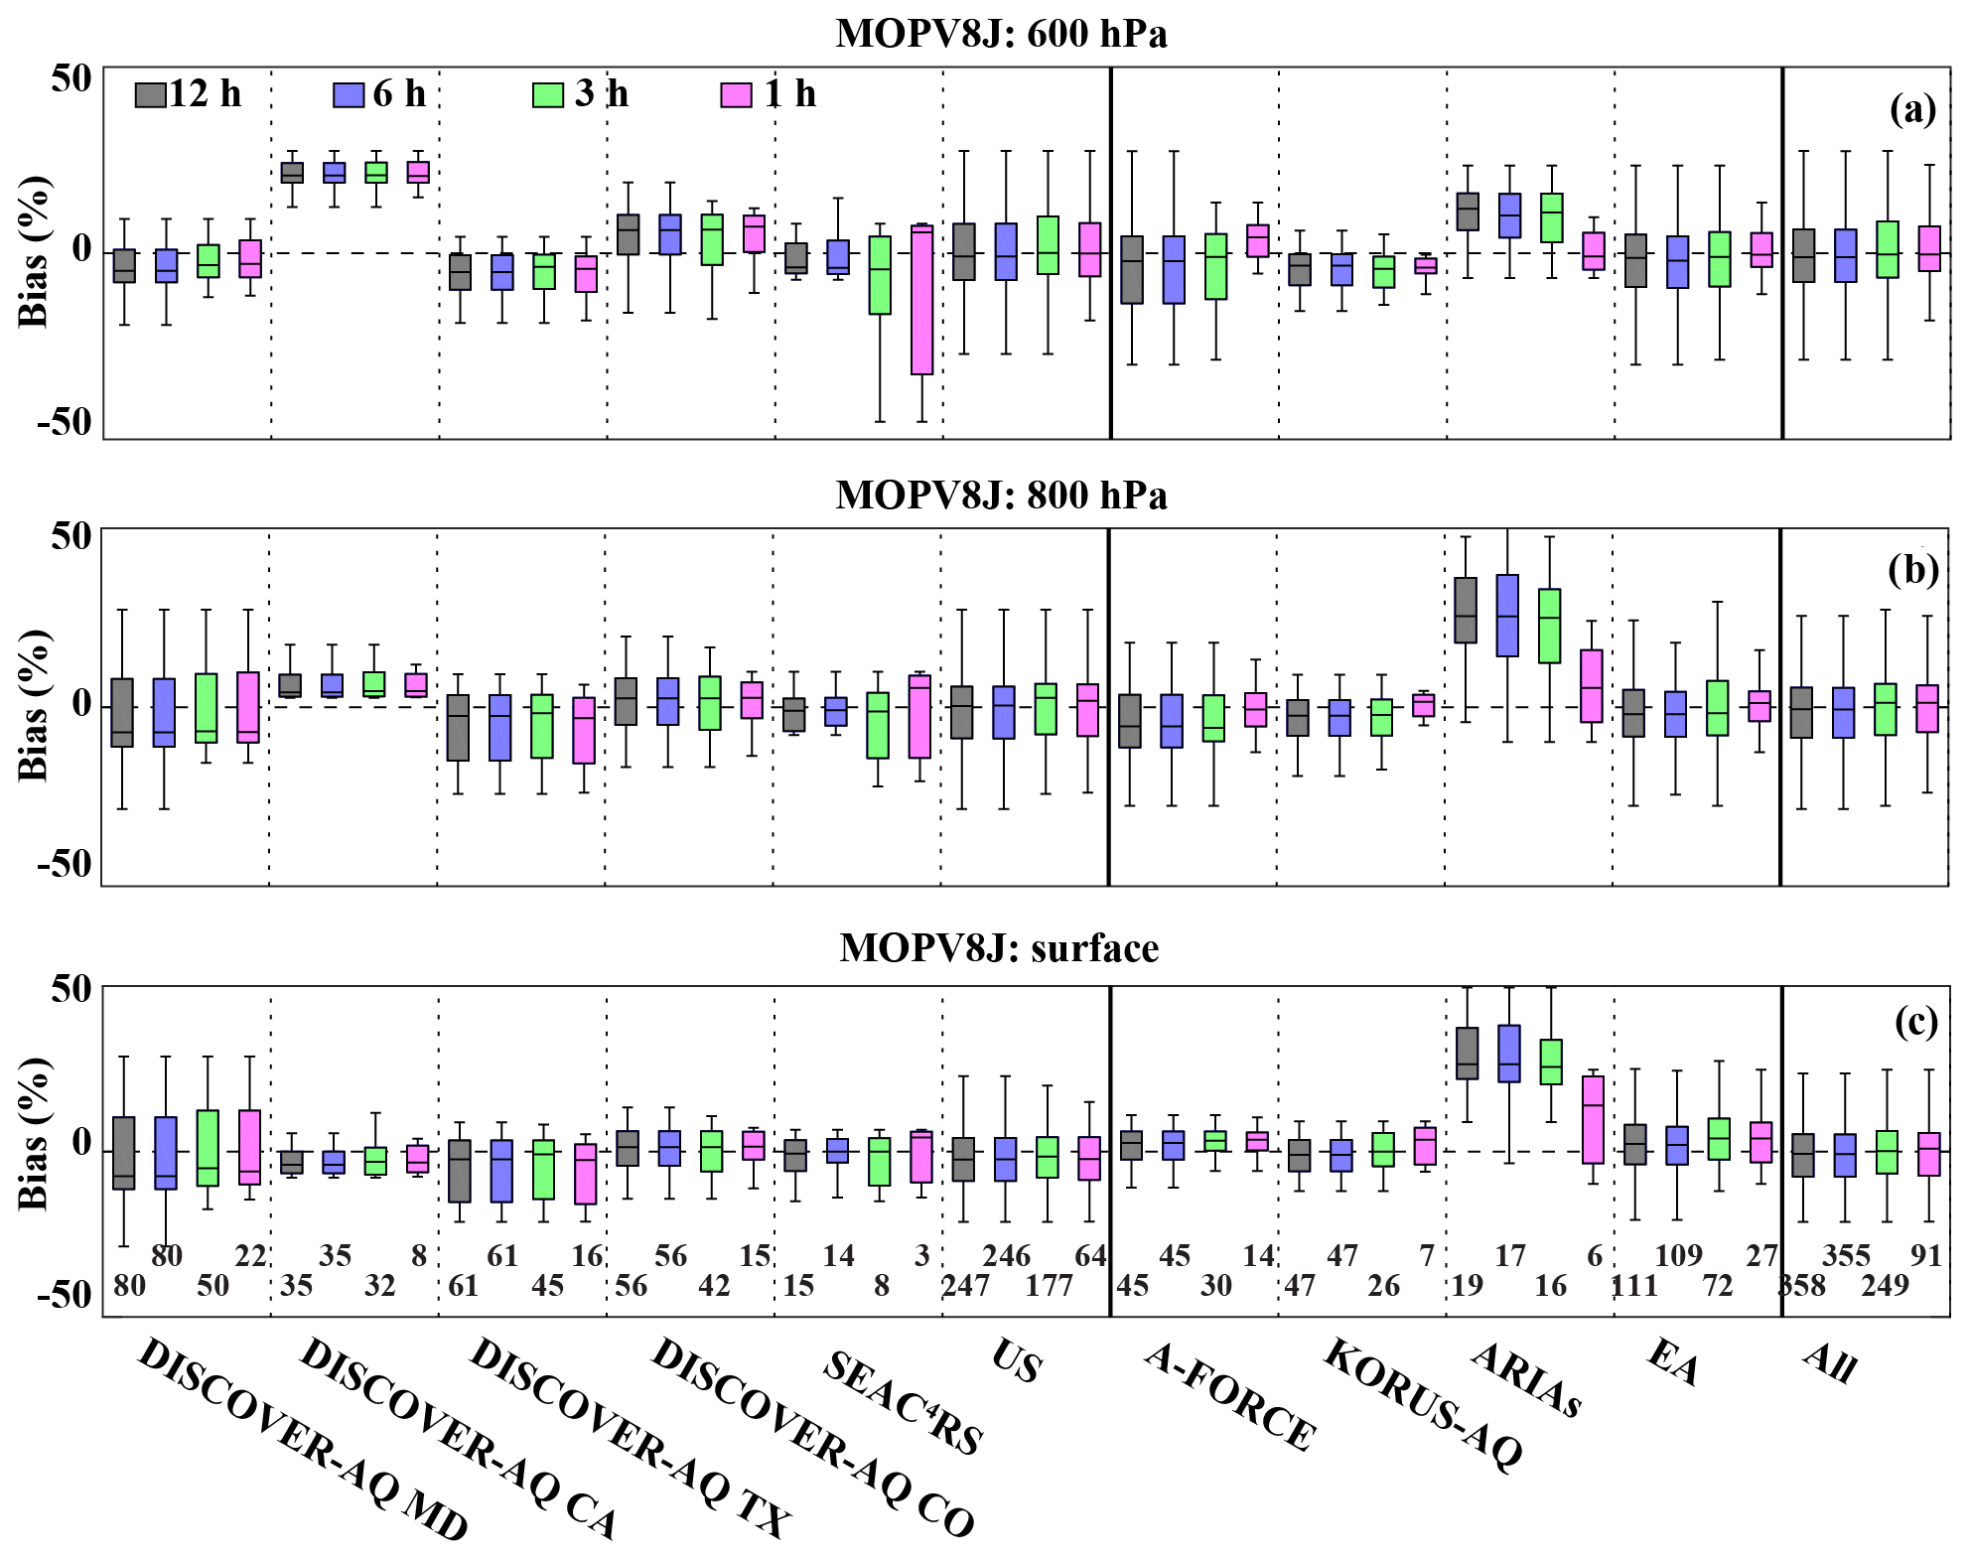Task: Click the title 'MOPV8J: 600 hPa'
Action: [1001, 34]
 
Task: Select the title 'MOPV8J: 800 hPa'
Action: [1001, 495]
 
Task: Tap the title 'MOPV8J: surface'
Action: [999, 948]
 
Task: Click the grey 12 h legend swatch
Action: [150, 94]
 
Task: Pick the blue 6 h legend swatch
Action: [350, 94]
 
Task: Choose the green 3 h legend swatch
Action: [548, 94]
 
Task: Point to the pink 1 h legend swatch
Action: [736, 94]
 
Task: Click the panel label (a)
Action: [1912, 109]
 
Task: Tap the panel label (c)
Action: [1915, 1022]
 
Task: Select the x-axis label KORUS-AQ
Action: [1423, 1403]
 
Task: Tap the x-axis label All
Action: [1829, 1361]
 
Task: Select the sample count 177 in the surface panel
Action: [1049, 1286]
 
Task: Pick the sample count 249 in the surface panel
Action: [1885, 1286]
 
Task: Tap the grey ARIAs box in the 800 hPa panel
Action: [1466, 610]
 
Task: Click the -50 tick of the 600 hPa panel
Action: [65, 422]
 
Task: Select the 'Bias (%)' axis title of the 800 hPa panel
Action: [34, 706]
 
